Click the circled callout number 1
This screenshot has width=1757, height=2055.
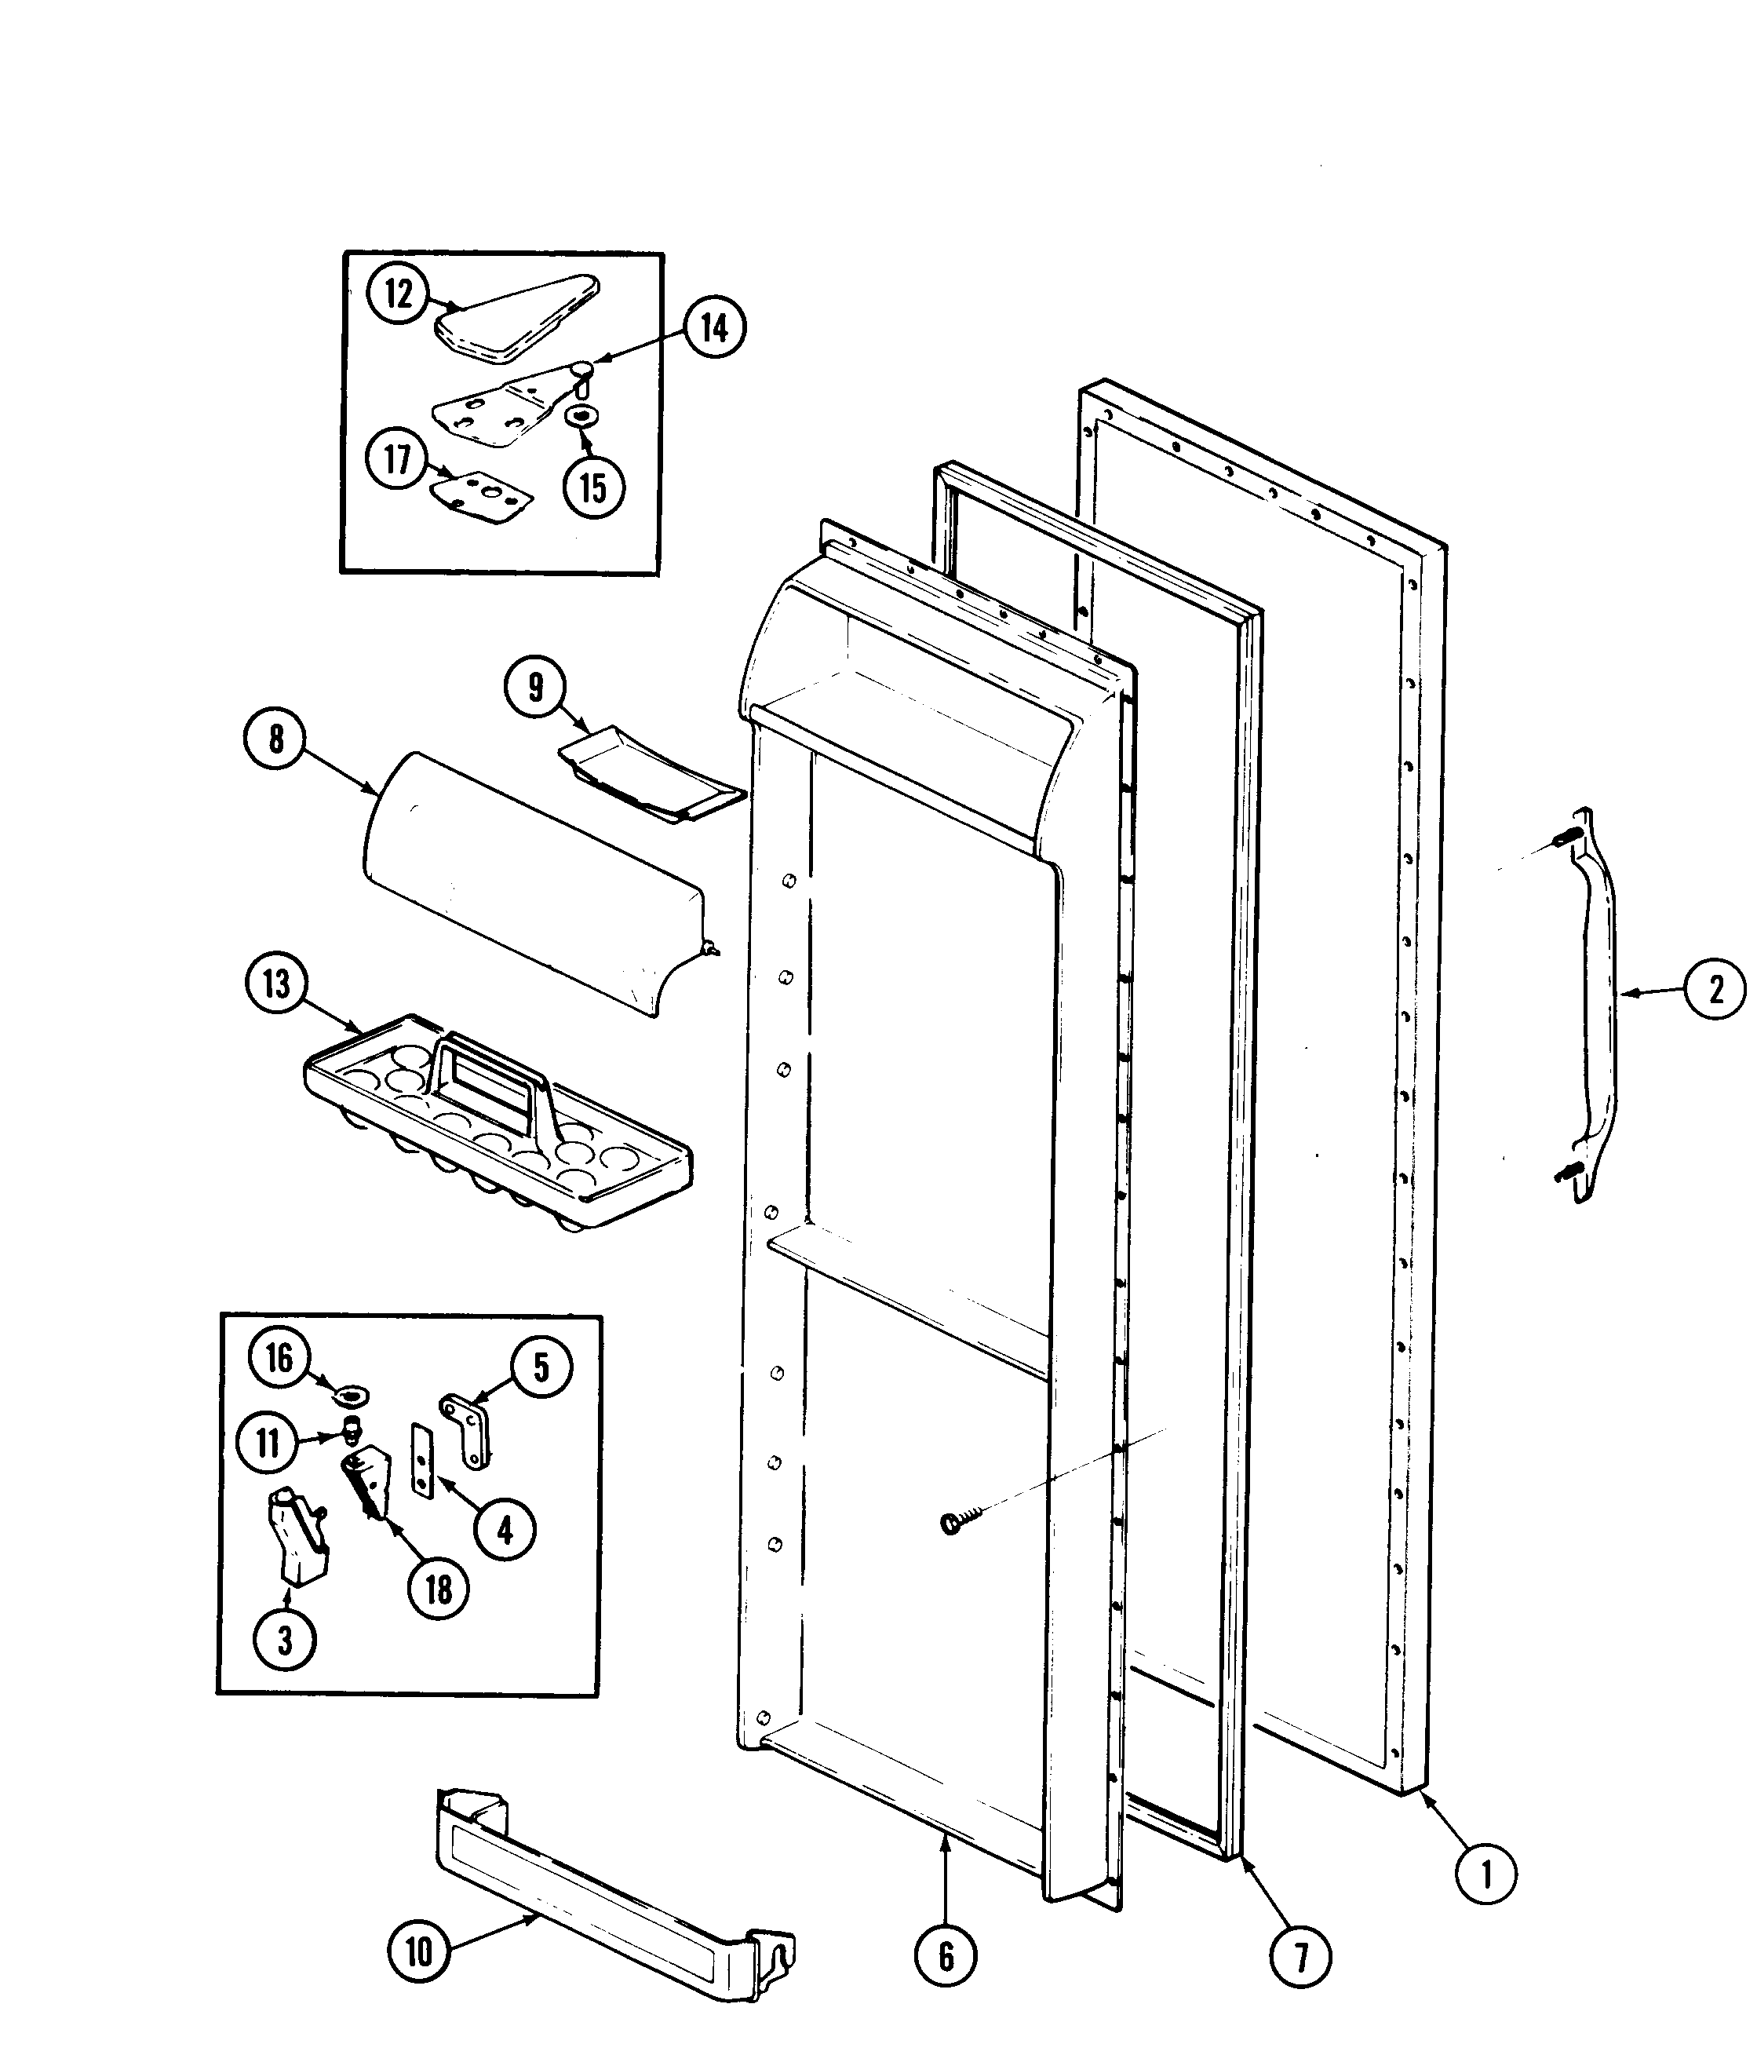click(1485, 1874)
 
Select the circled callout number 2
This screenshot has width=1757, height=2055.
click(1715, 989)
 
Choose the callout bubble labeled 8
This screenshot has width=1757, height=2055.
click(275, 738)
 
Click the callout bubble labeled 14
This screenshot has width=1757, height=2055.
click(715, 327)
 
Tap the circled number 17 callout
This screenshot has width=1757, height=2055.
click(398, 459)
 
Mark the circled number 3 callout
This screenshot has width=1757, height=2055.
click(286, 1641)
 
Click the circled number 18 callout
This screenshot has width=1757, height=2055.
click(438, 1590)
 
